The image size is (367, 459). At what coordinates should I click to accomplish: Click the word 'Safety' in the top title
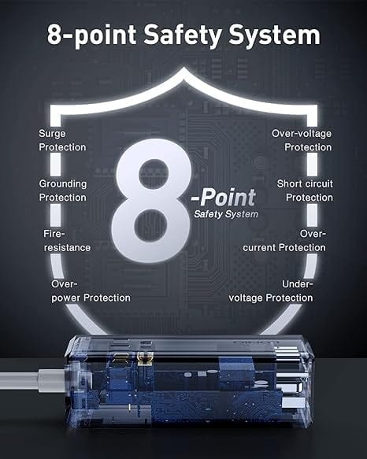pos(208,35)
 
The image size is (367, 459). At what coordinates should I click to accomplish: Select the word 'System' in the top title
pos(285,35)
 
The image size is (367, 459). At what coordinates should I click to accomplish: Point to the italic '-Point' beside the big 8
pos(224,195)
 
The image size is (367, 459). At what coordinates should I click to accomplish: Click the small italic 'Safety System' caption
pos(224,214)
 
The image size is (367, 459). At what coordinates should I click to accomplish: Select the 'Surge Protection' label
pos(62,140)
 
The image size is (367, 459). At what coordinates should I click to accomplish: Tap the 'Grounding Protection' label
pos(62,190)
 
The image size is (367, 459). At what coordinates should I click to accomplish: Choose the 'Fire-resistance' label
pos(67,240)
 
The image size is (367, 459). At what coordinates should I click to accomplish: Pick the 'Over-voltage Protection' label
pos(302,140)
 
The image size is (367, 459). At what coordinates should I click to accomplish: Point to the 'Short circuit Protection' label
pos(304,190)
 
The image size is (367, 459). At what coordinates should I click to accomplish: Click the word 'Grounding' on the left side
pos(62,183)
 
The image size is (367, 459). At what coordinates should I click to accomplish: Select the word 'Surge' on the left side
pos(52,134)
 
